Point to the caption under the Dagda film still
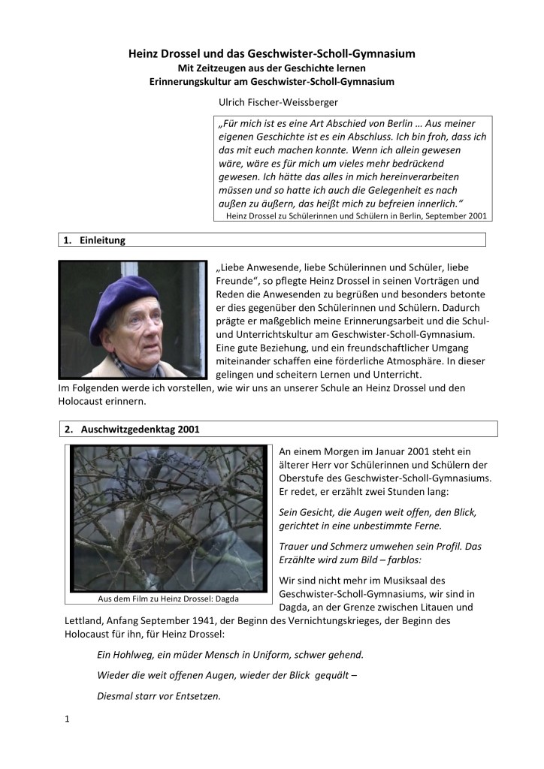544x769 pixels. coord(168,599)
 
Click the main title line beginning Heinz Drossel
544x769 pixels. coord(271,54)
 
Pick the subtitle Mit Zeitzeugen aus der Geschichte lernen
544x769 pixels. coord(271,68)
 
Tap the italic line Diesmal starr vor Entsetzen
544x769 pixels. coord(159,695)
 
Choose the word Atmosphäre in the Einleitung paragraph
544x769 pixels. coord(423,360)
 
